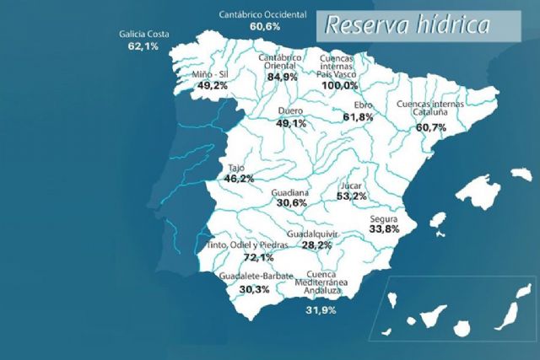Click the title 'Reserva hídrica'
click(x=407, y=24)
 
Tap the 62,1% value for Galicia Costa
click(x=143, y=46)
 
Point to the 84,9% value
click(x=283, y=77)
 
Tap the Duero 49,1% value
click(x=290, y=123)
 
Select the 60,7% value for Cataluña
click(x=430, y=127)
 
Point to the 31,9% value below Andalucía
click(x=321, y=310)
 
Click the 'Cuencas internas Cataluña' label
click(x=429, y=110)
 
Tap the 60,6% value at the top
click(x=265, y=26)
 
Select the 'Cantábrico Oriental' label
click(x=285, y=58)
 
